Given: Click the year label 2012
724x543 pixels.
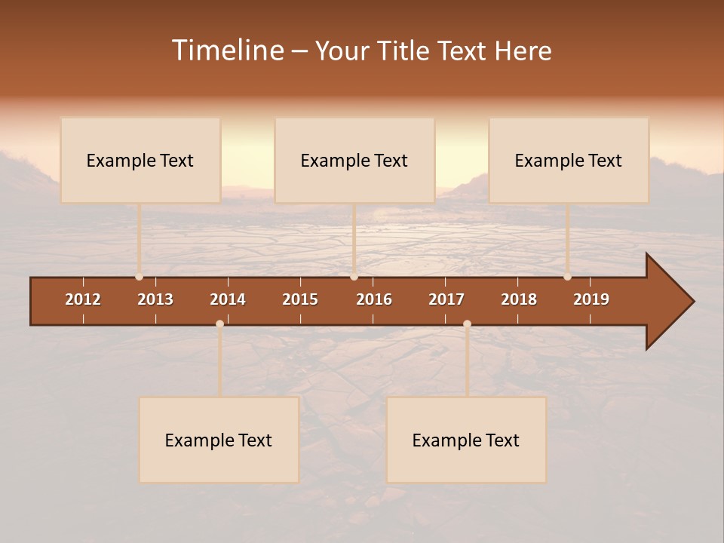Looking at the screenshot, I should click(83, 299).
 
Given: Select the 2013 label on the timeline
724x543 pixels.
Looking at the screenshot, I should click(155, 299).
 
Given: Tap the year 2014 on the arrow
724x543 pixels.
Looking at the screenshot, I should click(228, 299).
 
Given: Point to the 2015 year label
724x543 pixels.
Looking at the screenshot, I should click(300, 299).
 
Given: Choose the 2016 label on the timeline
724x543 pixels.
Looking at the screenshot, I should click(374, 299).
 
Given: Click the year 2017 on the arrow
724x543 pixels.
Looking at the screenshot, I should click(446, 299).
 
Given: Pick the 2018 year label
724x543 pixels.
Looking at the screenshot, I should click(519, 299).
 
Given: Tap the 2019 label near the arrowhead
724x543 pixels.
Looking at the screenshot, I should click(591, 299).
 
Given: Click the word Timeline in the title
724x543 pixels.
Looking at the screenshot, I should click(227, 51).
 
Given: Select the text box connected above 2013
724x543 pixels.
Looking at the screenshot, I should click(140, 160).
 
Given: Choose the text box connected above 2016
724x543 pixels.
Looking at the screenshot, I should click(354, 160).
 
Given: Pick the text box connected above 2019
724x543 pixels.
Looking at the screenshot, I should click(569, 160).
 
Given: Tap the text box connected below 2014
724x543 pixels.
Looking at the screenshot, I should click(219, 440).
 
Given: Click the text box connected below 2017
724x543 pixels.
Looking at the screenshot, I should click(466, 440).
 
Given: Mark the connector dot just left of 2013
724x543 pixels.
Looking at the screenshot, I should click(139, 277).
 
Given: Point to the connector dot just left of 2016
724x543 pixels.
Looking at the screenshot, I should click(354, 277).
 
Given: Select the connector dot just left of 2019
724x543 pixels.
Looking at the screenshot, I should click(567, 277).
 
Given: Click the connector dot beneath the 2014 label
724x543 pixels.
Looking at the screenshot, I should click(219, 324).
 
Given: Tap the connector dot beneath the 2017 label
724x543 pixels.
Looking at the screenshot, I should click(467, 324).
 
